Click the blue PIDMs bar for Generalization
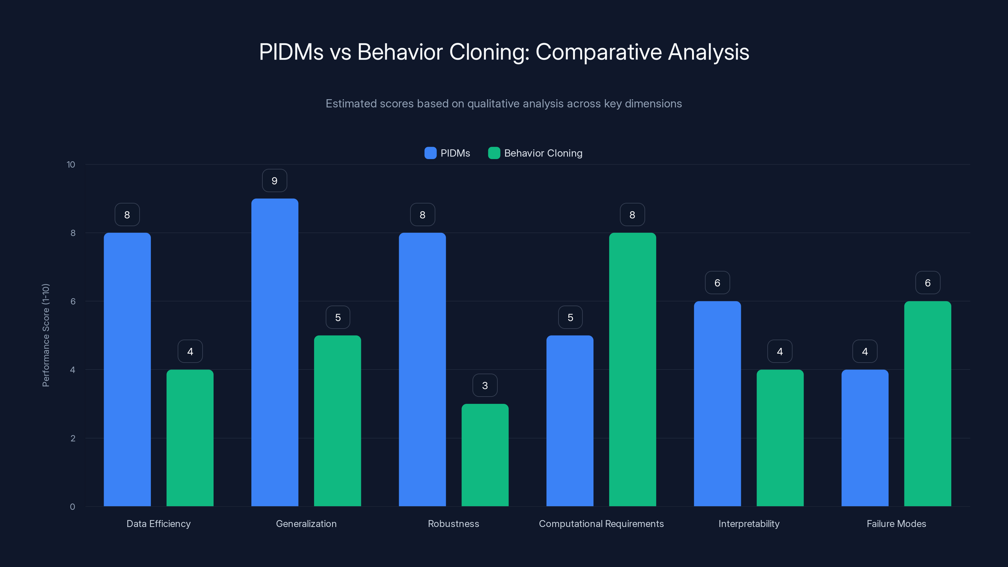tap(275, 352)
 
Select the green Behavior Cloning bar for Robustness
tap(485, 455)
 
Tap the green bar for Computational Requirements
tap(632, 369)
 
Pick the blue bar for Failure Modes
tap(865, 438)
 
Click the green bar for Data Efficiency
tap(190, 438)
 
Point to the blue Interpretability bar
tap(717, 404)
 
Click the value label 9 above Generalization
tap(274, 181)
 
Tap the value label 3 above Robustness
tap(485, 386)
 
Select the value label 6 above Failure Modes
tap(927, 283)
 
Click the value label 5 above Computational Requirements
tap(570, 317)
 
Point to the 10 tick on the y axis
tap(71, 165)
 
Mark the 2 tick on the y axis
tap(73, 438)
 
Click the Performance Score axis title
tap(46, 335)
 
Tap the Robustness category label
tap(453, 524)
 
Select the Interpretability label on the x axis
tap(748, 524)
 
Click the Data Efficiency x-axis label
tap(158, 524)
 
